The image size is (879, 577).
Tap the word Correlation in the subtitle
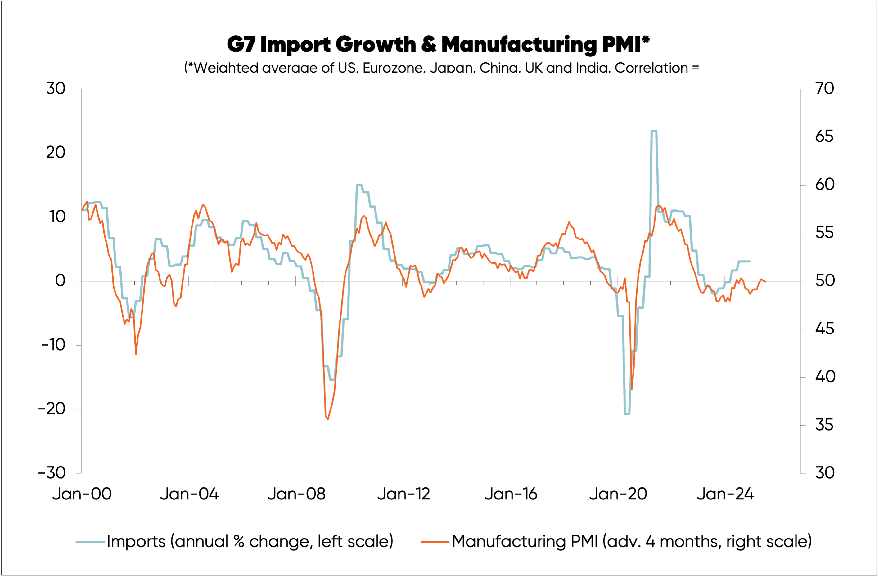coord(651,68)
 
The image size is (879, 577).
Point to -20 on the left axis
coord(52,409)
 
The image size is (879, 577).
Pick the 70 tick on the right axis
coord(824,89)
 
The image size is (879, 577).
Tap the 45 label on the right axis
coord(824,329)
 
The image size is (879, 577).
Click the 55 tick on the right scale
coord(824,233)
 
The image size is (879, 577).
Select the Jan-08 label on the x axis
coord(296,494)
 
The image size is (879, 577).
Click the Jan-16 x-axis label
coord(511,494)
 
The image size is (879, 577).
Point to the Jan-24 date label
coord(725,494)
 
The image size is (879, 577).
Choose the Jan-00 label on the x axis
coord(82,494)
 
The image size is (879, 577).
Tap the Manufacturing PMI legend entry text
coord(632,542)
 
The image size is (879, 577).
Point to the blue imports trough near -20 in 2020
coord(627,414)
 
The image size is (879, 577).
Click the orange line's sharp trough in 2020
coord(632,389)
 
